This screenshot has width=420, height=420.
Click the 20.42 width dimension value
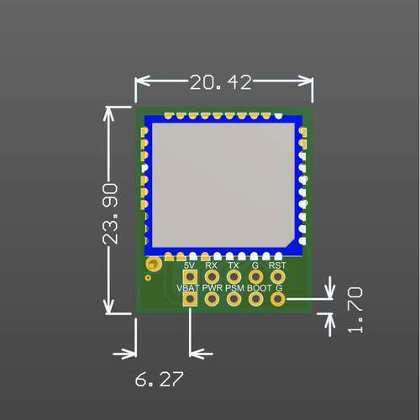click(x=221, y=82)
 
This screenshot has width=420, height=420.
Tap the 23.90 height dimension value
click(x=110, y=214)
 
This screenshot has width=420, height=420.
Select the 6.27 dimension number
click(x=159, y=380)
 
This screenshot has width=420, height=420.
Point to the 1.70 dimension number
click(x=354, y=310)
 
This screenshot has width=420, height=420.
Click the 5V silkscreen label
click(x=190, y=265)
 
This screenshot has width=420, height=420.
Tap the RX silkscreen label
click(x=211, y=265)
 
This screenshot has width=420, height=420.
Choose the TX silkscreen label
click(x=234, y=265)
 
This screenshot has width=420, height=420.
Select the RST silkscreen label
click(x=277, y=265)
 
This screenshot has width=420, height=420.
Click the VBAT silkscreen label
click(x=188, y=288)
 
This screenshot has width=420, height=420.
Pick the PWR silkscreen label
click(x=213, y=288)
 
